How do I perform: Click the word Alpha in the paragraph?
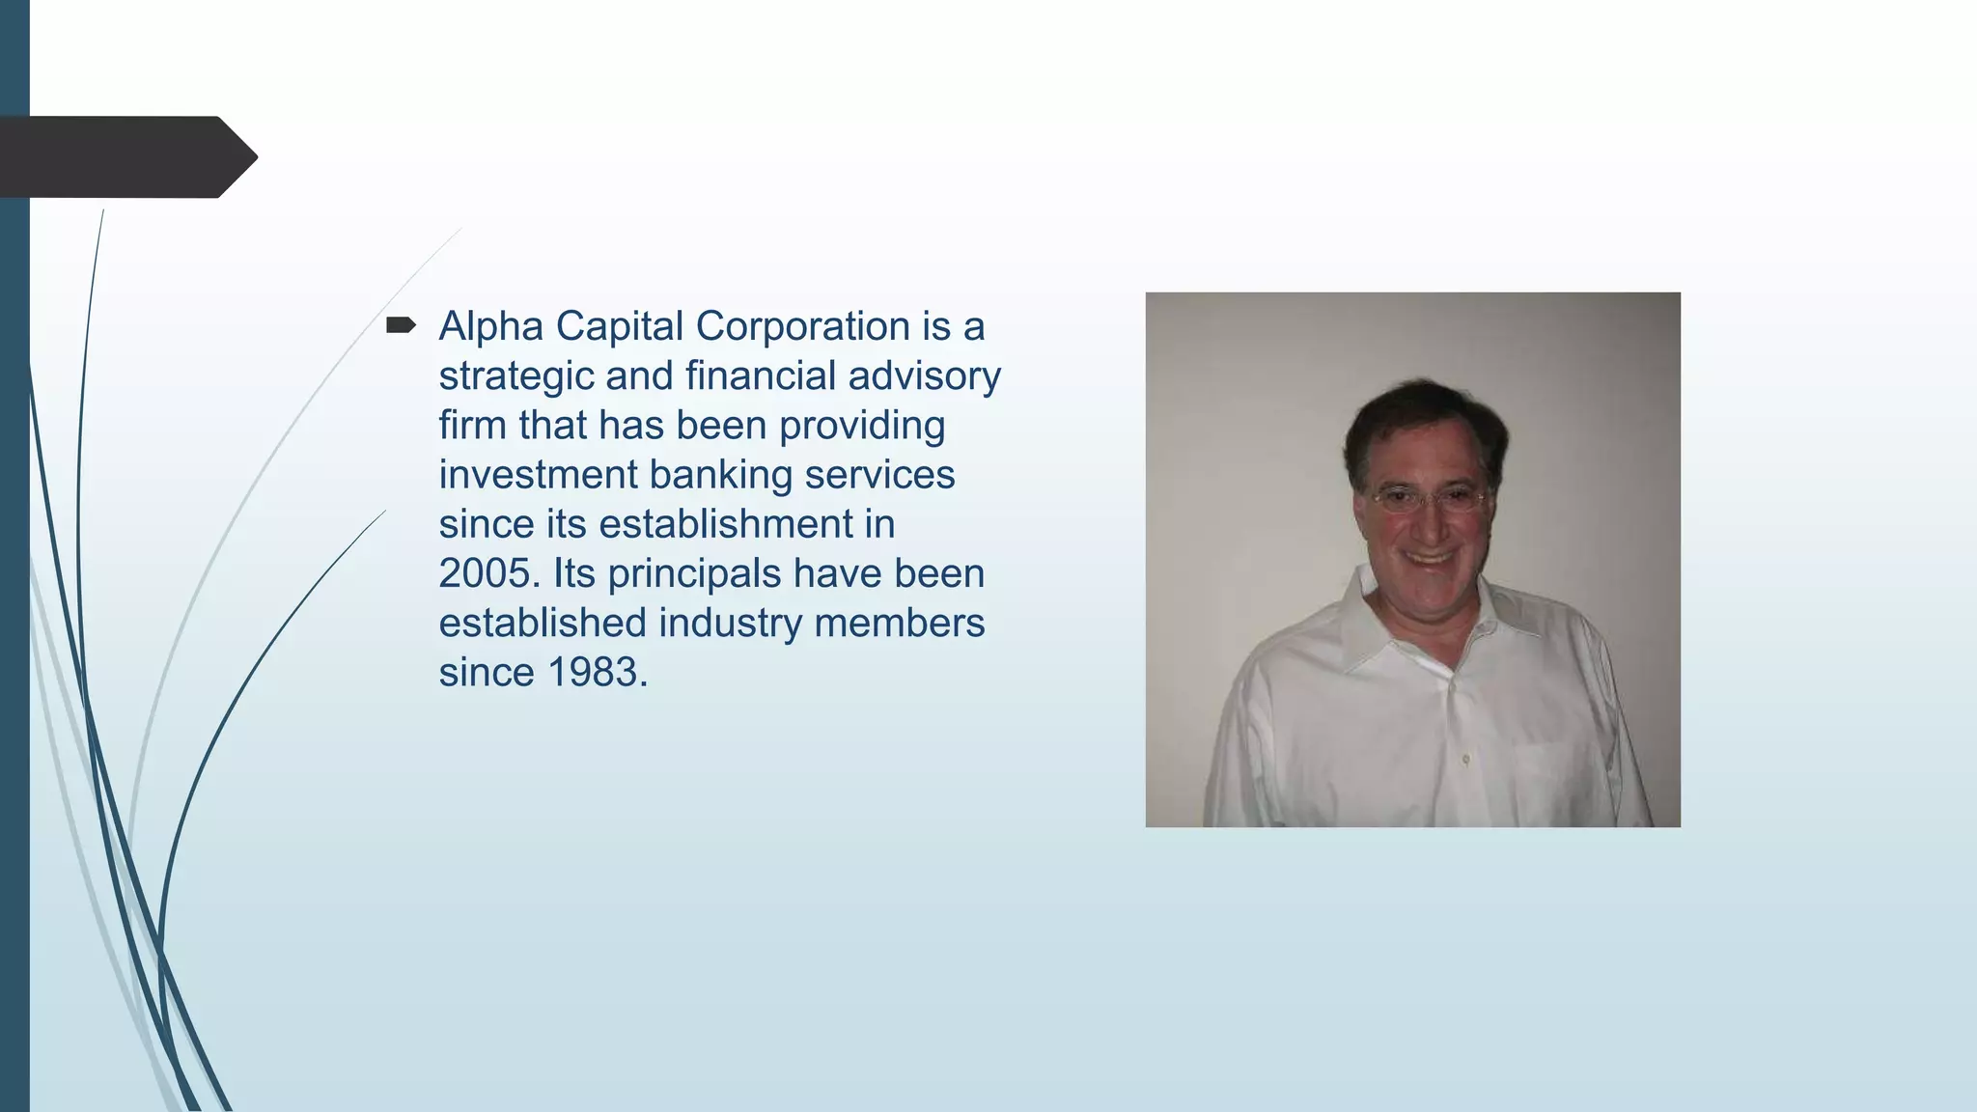click(490, 326)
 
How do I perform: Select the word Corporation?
click(802, 326)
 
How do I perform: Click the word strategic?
click(515, 376)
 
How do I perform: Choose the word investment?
click(538, 475)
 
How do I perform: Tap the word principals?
click(694, 574)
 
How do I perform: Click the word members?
click(899, 624)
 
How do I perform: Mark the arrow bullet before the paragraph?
click(400, 325)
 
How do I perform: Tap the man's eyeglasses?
click(1428, 499)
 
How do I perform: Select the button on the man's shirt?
click(1465, 760)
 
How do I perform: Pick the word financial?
click(760, 376)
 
